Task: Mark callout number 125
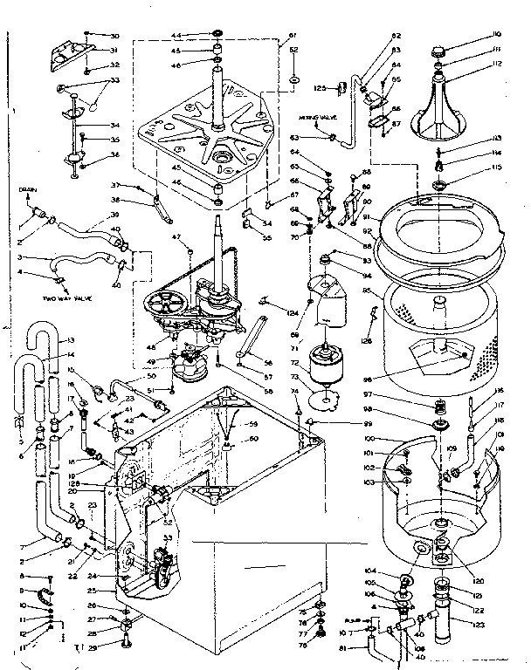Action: pyautogui.click(x=320, y=87)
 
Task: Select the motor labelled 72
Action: pyautogui.click(x=331, y=358)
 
